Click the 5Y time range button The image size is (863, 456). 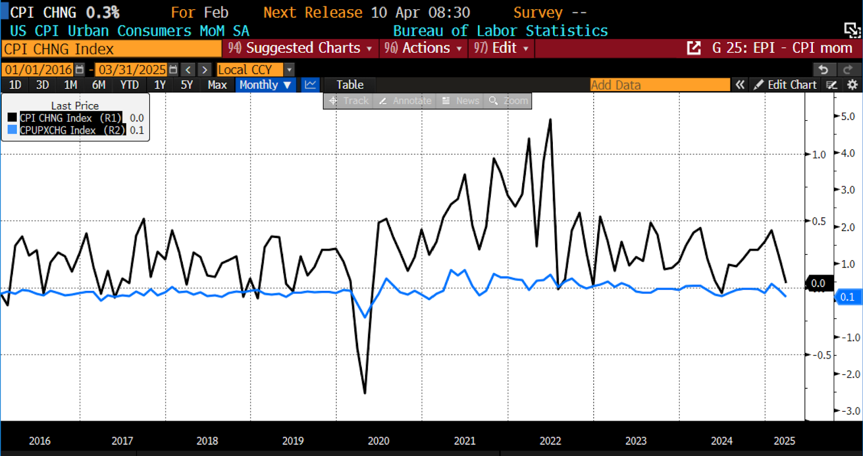click(187, 85)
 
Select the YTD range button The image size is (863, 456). click(129, 85)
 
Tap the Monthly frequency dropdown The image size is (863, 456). click(265, 85)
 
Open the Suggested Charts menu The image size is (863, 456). click(300, 48)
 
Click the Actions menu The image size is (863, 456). click(423, 48)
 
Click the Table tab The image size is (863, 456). click(350, 85)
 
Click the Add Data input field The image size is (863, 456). click(660, 85)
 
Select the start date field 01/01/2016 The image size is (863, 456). click(39, 70)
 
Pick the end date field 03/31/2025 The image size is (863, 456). click(132, 70)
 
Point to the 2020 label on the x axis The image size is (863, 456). click(379, 441)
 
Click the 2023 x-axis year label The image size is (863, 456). click(636, 441)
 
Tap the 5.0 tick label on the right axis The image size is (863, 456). click(848, 117)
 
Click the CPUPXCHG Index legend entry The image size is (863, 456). click(58, 130)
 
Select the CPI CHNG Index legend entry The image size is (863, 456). click(56, 118)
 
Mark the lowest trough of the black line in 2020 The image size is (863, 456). click(365, 392)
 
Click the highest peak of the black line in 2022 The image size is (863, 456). click(550, 120)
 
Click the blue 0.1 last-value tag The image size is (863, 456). click(847, 297)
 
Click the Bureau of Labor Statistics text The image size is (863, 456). click(500, 31)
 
